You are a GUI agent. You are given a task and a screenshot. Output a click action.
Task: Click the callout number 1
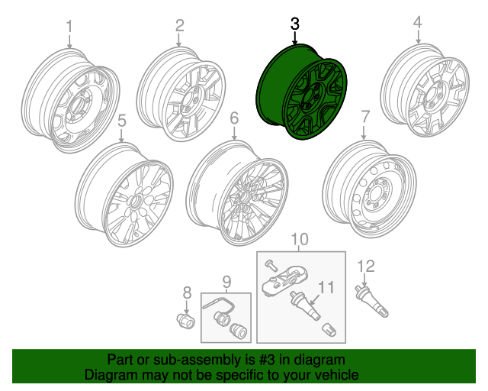[x=69, y=27]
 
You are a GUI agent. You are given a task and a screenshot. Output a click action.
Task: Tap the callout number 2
[x=180, y=25]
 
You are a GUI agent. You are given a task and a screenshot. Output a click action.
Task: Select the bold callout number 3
[x=295, y=24]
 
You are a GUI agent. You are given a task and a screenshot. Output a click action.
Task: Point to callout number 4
[x=418, y=22]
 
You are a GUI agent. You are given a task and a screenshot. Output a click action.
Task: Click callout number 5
[x=122, y=121]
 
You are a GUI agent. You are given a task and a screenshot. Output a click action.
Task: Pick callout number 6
[x=234, y=118]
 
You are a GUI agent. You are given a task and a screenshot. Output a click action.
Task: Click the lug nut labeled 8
[x=185, y=322]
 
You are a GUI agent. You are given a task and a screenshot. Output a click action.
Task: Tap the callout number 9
[x=227, y=283]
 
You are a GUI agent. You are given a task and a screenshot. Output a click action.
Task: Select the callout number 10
[x=299, y=239]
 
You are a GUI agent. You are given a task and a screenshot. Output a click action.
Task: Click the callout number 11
[x=326, y=287]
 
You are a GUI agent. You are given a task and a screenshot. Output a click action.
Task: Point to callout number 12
[x=366, y=266]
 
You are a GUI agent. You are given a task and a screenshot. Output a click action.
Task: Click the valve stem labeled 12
[x=371, y=301]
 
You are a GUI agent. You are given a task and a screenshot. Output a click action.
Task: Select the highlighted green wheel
[x=301, y=92]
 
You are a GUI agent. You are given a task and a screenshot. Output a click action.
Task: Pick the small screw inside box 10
[x=271, y=265]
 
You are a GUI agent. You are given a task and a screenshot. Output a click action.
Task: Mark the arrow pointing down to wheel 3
[x=295, y=37]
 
